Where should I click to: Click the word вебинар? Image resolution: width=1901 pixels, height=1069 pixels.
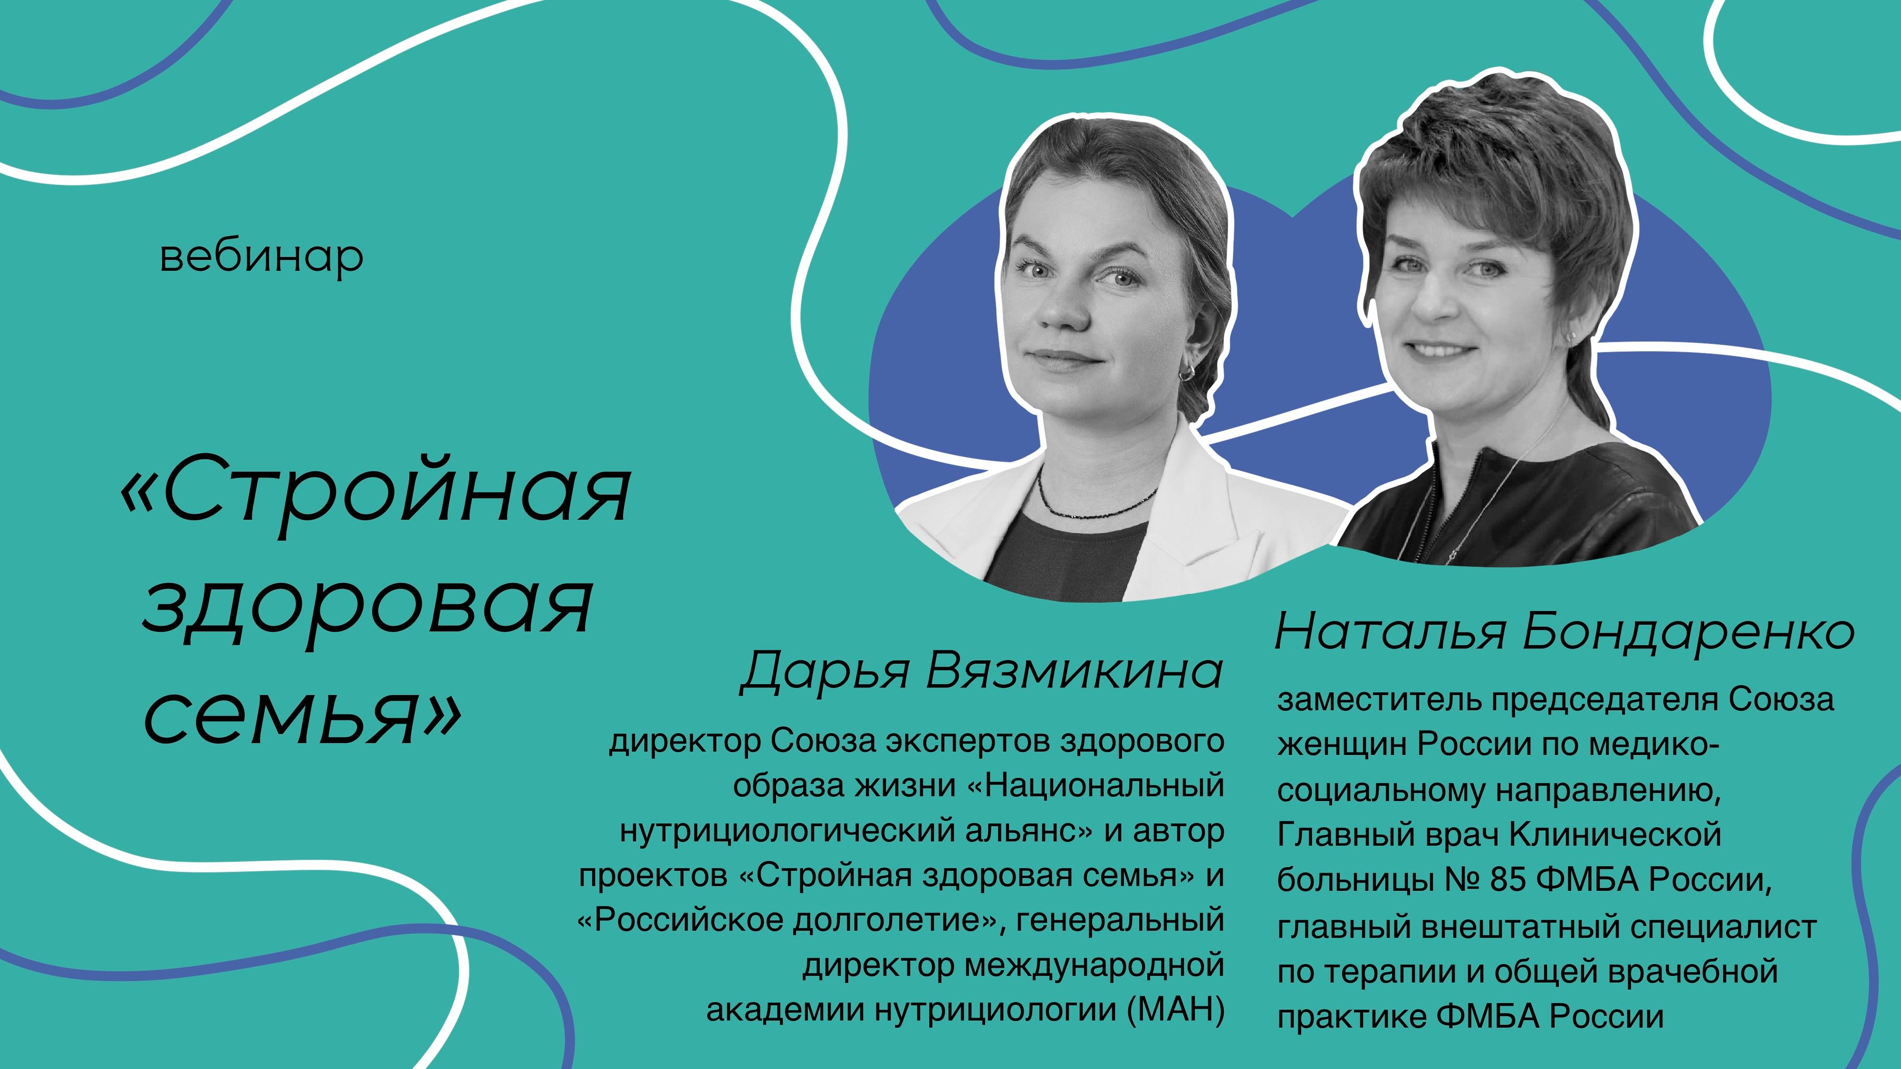[x=261, y=258]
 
